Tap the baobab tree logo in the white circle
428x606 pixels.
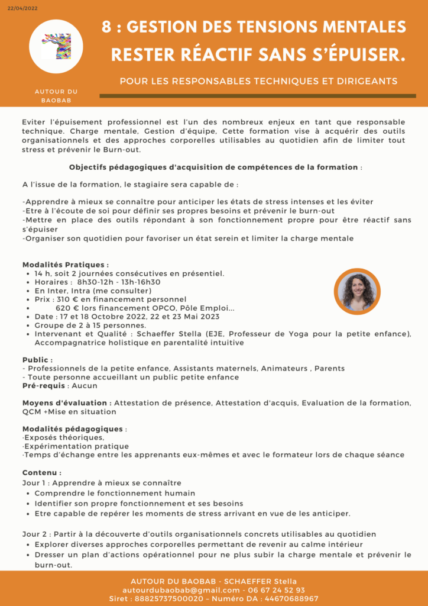[x=56, y=46]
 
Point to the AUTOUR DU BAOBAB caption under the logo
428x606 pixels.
[x=56, y=96]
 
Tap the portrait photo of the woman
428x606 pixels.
[x=356, y=292]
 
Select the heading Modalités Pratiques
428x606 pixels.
[x=64, y=265]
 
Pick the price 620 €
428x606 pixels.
[x=68, y=308]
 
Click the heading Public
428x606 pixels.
[x=37, y=360]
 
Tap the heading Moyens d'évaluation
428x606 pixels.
[x=66, y=403]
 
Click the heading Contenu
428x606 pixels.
[x=41, y=473]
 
